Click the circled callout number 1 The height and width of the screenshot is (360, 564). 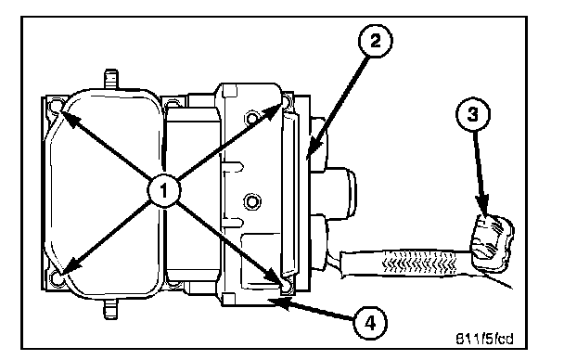click(164, 190)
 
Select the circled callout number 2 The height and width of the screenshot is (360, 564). click(375, 41)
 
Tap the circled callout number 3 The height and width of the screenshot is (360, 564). click(473, 114)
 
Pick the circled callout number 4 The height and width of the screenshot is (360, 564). click(370, 323)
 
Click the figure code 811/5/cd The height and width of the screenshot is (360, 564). click(485, 339)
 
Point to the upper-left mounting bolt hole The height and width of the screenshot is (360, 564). click(56, 106)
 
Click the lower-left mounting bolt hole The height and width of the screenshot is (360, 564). click(57, 278)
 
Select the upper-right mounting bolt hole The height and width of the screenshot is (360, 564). click(287, 101)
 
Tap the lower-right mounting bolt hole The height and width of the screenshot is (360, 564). click(286, 287)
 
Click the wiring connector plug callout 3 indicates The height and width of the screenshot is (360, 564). click(491, 241)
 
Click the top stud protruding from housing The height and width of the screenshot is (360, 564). click(110, 80)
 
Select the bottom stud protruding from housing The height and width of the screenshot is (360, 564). click(110, 309)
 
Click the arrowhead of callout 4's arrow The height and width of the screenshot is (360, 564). click(278, 303)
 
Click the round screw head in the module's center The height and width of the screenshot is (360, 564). click(251, 201)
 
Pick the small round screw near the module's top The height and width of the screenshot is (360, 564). click(252, 118)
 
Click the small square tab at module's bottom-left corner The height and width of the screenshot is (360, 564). click(228, 299)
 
